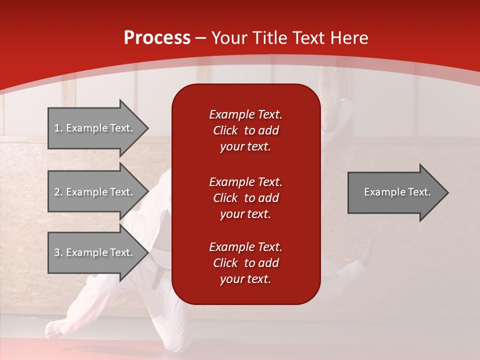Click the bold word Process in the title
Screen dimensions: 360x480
157,38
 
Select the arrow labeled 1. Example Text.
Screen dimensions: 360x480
95,128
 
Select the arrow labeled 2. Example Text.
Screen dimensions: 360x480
95,192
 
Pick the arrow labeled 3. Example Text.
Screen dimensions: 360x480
95,252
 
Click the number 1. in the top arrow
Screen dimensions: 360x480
58,128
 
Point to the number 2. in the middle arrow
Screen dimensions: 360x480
58,192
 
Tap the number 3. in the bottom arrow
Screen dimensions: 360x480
58,252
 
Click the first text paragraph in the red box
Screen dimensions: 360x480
245,130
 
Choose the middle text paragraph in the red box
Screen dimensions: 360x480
245,198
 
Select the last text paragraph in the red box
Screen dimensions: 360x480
245,263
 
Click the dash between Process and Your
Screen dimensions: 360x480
201,38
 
